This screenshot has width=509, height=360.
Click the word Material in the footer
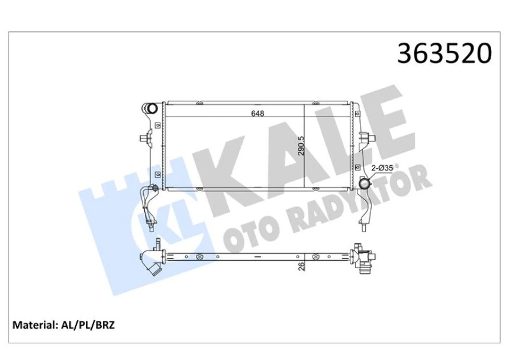click(36, 324)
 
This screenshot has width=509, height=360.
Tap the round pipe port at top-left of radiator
click(152, 109)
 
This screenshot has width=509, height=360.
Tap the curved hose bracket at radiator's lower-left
click(148, 204)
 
